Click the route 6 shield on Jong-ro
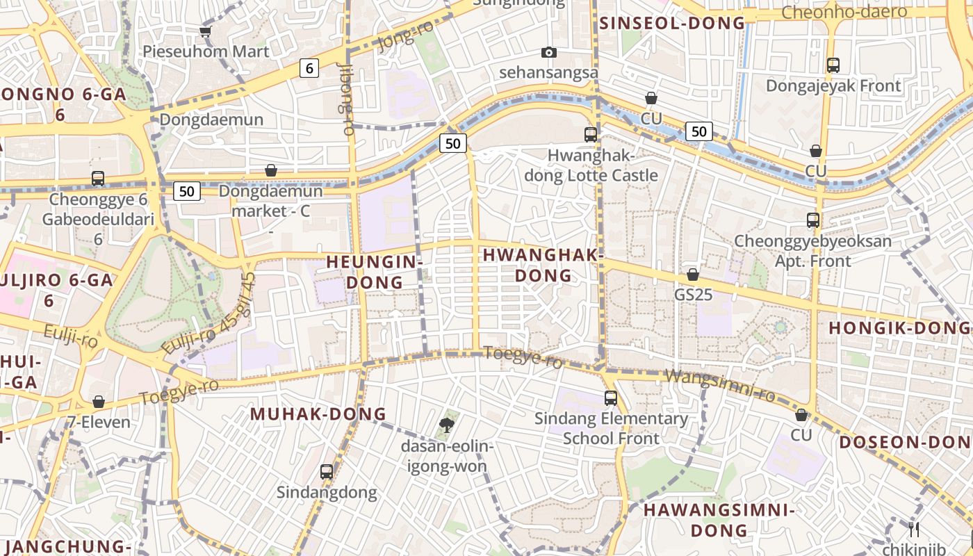(x=309, y=68)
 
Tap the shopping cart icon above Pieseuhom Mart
(x=205, y=31)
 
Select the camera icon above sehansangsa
(x=549, y=53)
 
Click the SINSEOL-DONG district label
(x=672, y=23)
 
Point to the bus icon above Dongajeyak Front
(x=833, y=65)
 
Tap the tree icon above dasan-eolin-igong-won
(x=447, y=425)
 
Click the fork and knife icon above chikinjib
(x=914, y=529)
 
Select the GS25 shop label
(x=693, y=295)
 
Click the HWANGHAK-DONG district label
(x=543, y=265)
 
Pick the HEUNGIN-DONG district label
(x=374, y=272)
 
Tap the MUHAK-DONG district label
(x=318, y=414)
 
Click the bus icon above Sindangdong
(x=327, y=472)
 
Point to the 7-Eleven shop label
(x=99, y=422)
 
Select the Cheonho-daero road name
(x=844, y=12)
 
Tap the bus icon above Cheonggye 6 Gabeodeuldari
(x=98, y=179)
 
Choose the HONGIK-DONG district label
(x=899, y=328)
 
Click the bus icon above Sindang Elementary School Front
(x=610, y=398)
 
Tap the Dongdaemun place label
(x=211, y=120)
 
